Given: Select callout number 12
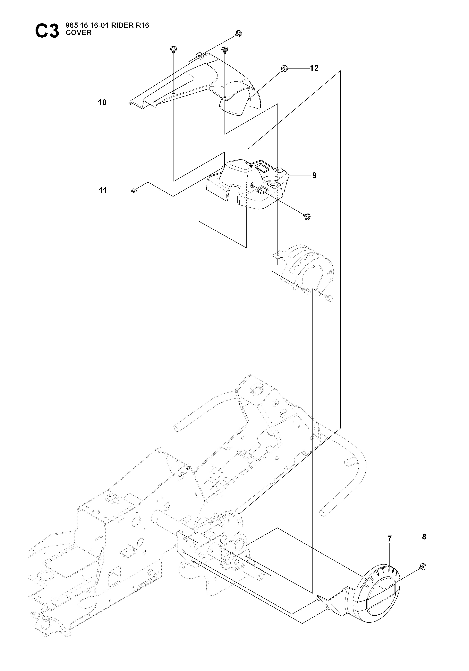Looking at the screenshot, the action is point(314,68).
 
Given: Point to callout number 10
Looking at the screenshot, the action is point(102,103).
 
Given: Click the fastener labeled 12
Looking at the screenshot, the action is point(284,68).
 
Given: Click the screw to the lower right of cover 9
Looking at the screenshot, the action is point(307,216).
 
